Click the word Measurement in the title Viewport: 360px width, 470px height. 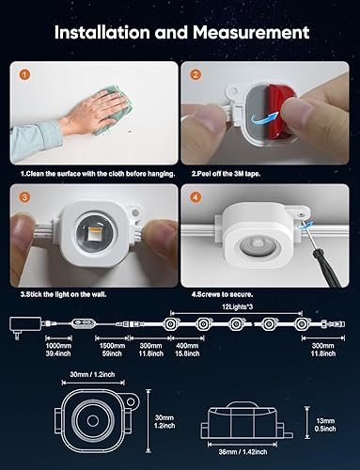pyautogui.click(x=245, y=33)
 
